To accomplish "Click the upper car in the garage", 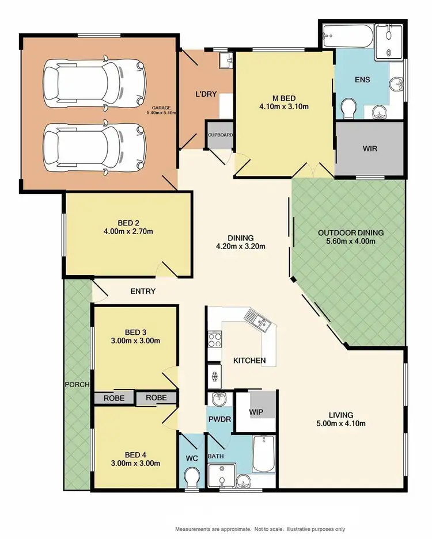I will point(93,81).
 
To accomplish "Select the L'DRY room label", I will point(206,94).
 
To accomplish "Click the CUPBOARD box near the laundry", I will point(219,135).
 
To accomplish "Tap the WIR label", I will point(370,148).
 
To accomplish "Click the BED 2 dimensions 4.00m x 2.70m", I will point(127,231).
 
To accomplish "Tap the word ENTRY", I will point(143,292).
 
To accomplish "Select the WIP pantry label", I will point(256,412).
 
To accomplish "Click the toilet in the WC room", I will point(191,477).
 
